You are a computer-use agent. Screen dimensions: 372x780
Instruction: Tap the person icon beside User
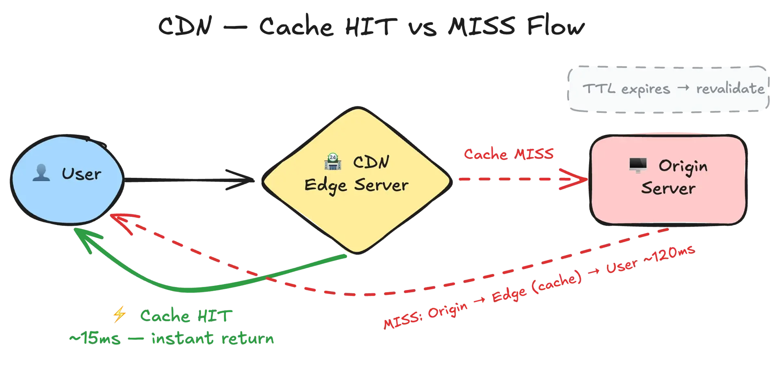[x=41, y=173]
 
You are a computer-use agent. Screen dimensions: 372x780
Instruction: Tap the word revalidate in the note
[x=730, y=89]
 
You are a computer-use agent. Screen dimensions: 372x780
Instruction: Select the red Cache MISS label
[x=509, y=154]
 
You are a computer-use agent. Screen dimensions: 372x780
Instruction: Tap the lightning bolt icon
[x=119, y=316]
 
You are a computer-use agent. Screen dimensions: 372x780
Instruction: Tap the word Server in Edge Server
[x=381, y=185]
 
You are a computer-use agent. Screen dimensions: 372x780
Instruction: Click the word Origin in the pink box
[x=683, y=167]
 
